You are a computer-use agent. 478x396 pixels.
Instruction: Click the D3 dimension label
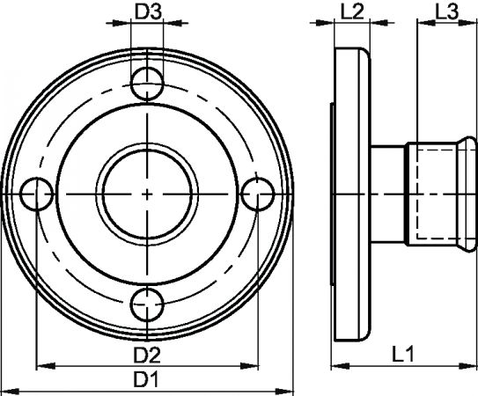(x=148, y=12)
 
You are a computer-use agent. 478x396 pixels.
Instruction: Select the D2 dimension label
(x=147, y=356)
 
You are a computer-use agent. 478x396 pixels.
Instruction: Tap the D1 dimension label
(x=146, y=380)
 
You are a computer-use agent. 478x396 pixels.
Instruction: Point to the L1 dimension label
(x=402, y=355)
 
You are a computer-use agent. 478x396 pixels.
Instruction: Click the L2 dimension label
(x=352, y=12)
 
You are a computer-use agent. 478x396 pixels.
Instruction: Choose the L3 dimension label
(x=446, y=12)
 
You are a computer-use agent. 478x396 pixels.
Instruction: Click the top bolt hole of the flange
(x=147, y=84)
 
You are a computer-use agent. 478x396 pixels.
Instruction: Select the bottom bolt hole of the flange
(x=147, y=304)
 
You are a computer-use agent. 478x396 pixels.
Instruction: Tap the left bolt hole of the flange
(x=37, y=194)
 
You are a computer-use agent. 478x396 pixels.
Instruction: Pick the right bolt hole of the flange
(x=258, y=194)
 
